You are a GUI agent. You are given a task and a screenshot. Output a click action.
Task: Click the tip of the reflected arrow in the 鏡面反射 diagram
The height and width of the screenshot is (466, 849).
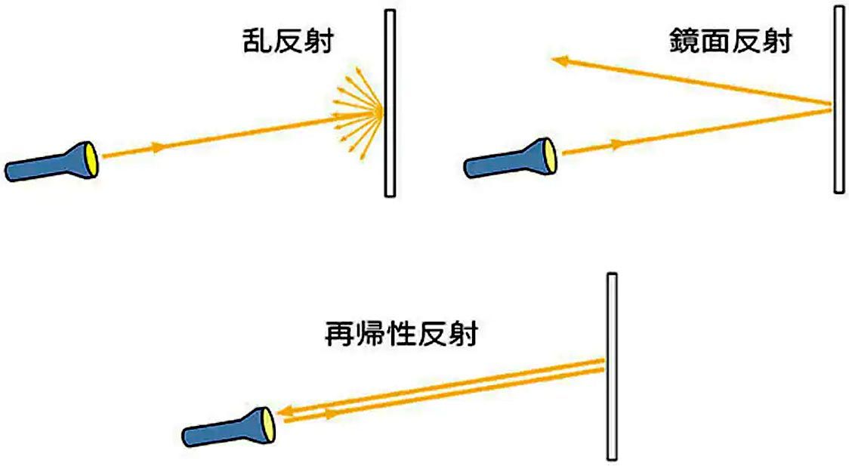[552, 60]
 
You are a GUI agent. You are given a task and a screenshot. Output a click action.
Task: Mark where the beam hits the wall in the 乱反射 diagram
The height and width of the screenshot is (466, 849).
[383, 112]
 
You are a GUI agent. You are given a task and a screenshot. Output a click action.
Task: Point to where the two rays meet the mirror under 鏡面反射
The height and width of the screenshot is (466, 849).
[831, 106]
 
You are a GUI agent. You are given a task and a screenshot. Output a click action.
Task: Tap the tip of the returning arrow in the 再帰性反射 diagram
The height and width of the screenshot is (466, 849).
[278, 412]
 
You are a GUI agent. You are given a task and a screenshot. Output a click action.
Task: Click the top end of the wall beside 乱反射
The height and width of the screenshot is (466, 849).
[390, 11]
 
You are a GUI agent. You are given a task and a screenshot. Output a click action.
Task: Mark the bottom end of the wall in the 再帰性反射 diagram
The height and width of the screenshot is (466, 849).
[612, 459]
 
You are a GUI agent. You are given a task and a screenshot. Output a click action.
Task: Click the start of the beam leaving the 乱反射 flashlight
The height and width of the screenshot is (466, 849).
[103, 156]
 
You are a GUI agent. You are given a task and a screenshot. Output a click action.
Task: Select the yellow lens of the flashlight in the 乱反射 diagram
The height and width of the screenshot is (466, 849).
[91, 159]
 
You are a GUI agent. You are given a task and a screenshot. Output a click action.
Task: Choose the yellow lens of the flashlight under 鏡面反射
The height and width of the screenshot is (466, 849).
[550, 156]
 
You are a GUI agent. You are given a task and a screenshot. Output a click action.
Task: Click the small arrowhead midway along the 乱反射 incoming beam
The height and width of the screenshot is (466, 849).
[158, 147]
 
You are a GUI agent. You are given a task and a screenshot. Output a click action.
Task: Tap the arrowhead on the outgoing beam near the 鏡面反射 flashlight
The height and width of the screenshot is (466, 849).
[616, 144]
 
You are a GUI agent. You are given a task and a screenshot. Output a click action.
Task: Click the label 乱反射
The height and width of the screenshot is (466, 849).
[288, 41]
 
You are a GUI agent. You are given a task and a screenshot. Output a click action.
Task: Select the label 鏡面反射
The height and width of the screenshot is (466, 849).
[730, 41]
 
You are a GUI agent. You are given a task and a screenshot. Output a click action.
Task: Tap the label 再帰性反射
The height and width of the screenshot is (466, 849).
[401, 333]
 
